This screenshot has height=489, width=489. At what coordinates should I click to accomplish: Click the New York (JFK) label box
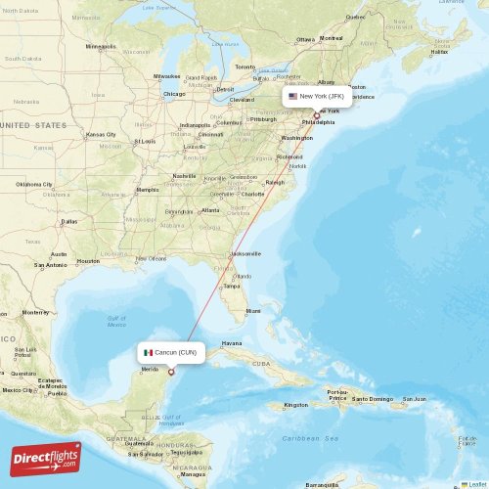pyautogui.click(x=316, y=97)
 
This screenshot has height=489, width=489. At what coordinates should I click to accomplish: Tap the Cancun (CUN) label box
pyautogui.click(x=170, y=352)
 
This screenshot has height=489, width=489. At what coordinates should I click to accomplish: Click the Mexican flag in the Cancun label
pyautogui.click(x=148, y=352)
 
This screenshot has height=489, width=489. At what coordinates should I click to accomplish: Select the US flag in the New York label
pyautogui.click(x=292, y=97)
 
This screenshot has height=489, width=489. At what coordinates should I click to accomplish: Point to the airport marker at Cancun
pyautogui.click(x=171, y=371)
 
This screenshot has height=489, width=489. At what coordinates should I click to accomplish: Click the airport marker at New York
pyautogui.click(x=316, y=115)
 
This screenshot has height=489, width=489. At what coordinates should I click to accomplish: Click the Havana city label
pyautogui.click(x=232, y=343)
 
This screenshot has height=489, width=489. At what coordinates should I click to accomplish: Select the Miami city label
pyautogui.click(x=253, y=311)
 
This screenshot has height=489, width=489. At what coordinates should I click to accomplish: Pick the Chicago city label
pyautogui.click(x=174, y=94)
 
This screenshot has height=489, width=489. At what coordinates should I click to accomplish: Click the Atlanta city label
pyautogui.click(x=210, y=210)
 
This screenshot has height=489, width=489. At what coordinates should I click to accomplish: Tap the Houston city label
pyautogui.click(x=88, y=261)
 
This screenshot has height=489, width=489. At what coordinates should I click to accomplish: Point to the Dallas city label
pyautogui.click(x=68, y=221)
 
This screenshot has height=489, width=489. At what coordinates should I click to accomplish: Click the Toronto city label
pyautogui.click(x=244, y=67)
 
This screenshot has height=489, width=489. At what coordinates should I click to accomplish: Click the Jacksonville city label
pyautogui.click(x=245, y=253)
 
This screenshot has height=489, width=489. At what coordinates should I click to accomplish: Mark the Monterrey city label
pyautogui.click(x=36, y=312)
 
